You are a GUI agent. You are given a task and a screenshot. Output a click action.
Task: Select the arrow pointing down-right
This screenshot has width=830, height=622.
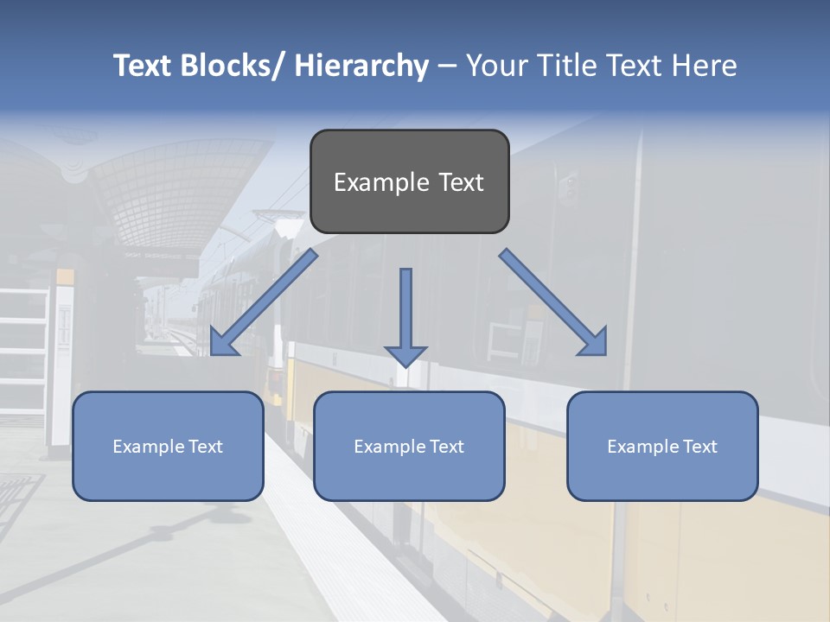point(553,301)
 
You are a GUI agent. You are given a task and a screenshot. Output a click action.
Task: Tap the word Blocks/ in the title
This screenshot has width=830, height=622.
point(231,66)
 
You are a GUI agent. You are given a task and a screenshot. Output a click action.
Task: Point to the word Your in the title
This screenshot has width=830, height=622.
point(496,66)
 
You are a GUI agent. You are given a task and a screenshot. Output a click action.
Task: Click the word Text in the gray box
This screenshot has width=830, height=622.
point(461,183)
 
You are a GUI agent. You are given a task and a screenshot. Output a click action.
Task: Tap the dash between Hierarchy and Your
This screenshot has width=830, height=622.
point(447,67)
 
